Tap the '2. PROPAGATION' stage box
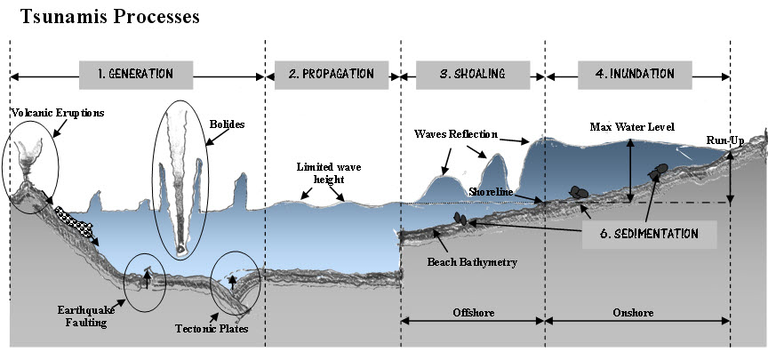[x=331, y=74]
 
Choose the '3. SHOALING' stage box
[x=471, y=74]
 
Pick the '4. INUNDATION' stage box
[x=636, y=74]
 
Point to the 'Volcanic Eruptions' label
[x=58, y=113]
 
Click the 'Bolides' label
[x=228, y=125]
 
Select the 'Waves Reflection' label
[x=454, y=134]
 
